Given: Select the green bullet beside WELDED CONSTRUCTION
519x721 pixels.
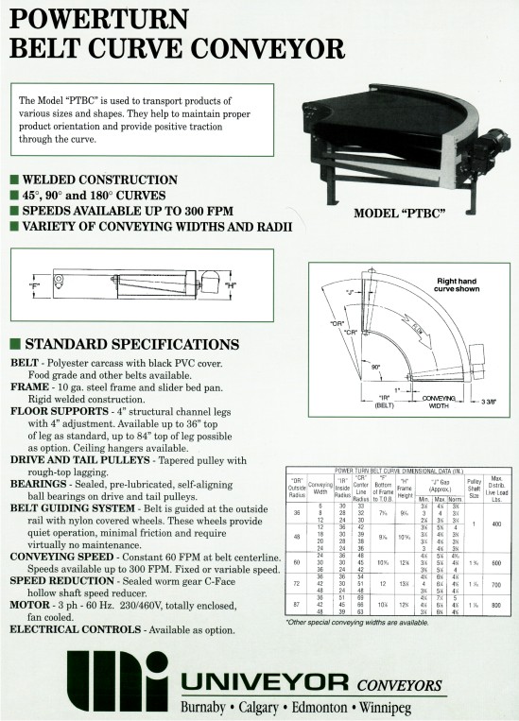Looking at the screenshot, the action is tap(13, 179).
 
